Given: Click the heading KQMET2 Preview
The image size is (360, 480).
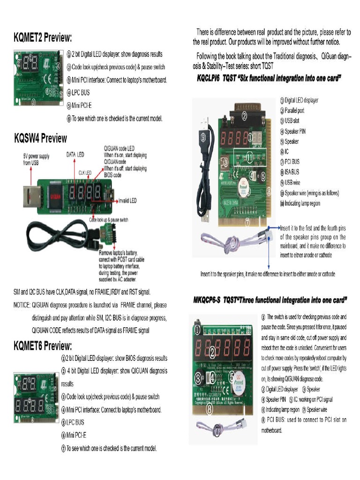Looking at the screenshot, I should click(x=43, y=37).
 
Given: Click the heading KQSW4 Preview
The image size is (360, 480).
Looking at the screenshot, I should click(x=40, y=138).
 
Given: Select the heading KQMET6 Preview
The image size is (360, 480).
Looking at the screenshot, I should click(x=43, y=346).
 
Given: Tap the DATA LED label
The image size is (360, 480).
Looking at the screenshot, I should click(x=75, y=154).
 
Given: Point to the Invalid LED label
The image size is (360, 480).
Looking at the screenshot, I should click(x=127, y=200).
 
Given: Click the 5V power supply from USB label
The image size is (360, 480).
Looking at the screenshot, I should click(x=36, y=159).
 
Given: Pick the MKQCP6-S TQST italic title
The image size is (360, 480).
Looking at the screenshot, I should click(x=270, y=300).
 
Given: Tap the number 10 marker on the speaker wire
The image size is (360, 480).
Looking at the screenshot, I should click(x=233, y=242).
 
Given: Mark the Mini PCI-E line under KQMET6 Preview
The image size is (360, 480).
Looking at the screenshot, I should click(x=76, y=435).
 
